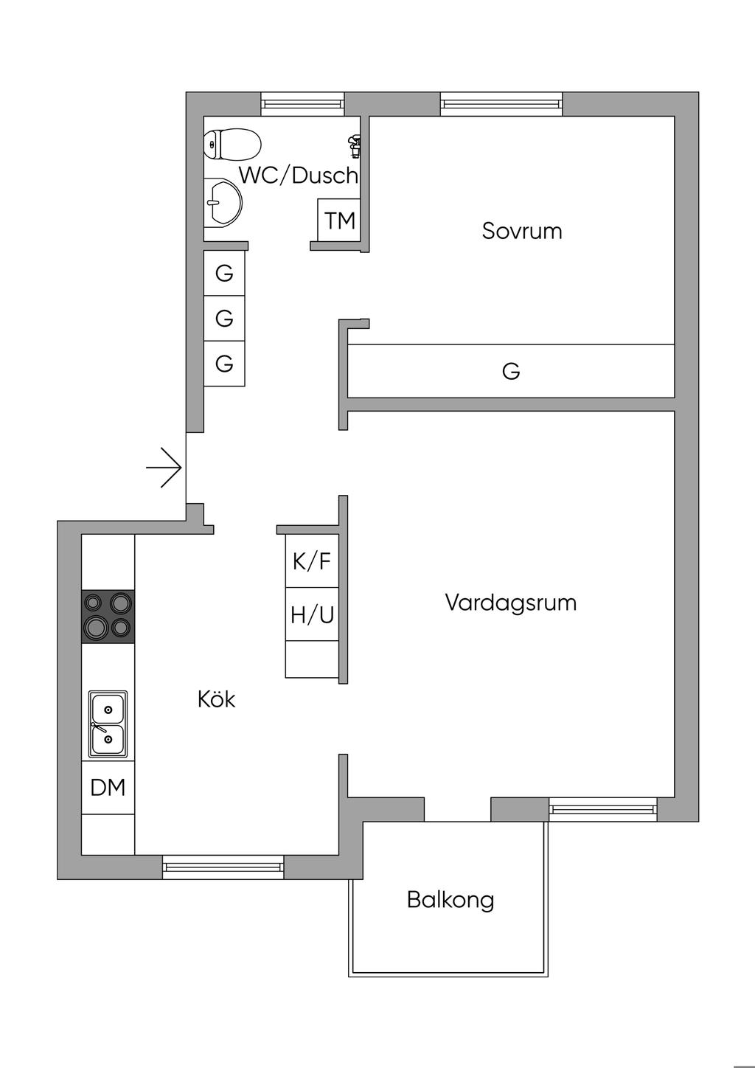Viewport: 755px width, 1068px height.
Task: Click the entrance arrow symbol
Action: (164, 468)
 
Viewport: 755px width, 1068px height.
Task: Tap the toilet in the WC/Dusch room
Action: (232, 144)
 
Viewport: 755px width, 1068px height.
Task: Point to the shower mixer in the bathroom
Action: (355, 145)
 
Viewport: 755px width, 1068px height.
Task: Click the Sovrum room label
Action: (522, 231)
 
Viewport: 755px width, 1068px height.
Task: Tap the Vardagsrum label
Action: (510, 603)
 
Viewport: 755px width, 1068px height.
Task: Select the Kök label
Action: (216, 698)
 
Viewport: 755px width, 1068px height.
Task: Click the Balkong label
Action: (450, 900)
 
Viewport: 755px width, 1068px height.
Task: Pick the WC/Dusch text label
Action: (298, 176)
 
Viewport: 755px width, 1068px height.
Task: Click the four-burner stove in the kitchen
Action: (108, 616)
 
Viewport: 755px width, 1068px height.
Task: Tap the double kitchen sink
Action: (108, 724)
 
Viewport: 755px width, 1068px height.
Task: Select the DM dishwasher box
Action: (108, 787)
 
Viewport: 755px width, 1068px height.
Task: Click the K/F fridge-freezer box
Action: (312, 561)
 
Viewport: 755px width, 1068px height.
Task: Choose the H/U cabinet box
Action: (312, 614)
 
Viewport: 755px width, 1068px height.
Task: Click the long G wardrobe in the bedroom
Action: (511, 371)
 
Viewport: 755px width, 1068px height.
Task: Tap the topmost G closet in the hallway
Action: (224, 273)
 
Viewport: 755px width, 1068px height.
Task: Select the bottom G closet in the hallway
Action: (224, 364)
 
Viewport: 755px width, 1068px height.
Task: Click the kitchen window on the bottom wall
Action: (223, 867)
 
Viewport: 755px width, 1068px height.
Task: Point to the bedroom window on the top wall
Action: (501, 104)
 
